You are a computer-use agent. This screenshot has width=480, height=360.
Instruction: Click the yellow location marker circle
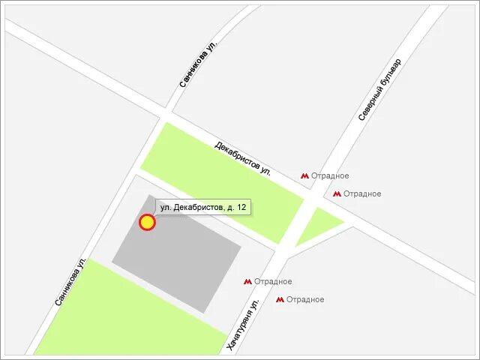[147, 222]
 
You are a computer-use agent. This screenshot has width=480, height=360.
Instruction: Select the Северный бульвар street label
[379, 89]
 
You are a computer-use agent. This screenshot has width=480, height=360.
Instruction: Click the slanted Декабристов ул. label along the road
[242, 157]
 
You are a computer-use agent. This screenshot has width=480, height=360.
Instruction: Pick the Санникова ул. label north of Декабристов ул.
[198, 64]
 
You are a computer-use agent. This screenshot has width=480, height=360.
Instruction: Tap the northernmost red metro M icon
[305, 176]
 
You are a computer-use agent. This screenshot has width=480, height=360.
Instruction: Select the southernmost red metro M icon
[280, 300]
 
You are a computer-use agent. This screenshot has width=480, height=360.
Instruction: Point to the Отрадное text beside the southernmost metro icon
[305, 300]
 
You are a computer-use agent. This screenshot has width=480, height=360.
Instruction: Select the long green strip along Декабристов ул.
[221, 181]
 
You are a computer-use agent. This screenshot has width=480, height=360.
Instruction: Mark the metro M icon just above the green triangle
[337, 194]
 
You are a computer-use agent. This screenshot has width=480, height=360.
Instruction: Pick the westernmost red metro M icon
[247, 282]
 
